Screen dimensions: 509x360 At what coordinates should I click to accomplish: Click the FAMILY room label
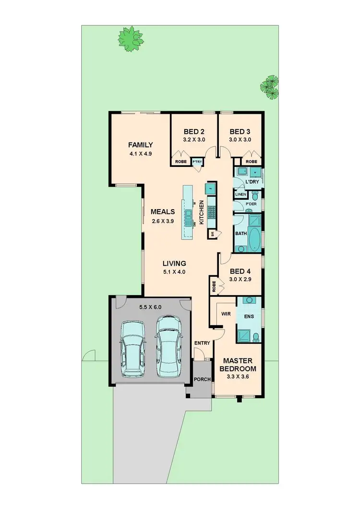(140, 145)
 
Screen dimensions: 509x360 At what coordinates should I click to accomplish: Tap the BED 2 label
(194, 132)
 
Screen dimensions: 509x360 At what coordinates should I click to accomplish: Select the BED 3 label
(240, 132)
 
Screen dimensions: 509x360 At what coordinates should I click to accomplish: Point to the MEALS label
(162, 212)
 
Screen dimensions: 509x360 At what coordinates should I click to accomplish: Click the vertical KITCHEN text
(202, 213)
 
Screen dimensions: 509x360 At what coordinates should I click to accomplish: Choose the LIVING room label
(174, 263)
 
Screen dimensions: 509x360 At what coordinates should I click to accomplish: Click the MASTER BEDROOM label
(238, 365)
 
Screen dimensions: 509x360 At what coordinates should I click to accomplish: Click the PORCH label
(202, 379)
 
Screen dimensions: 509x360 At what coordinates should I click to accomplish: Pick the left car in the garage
(133, 348)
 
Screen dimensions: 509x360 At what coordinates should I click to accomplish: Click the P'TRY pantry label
(197, 162)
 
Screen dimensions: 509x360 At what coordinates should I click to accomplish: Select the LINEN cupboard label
(240, 194)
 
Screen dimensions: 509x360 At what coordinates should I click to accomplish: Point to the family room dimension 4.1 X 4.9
(140, 154)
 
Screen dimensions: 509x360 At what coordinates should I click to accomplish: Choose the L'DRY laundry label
(252, 183)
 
